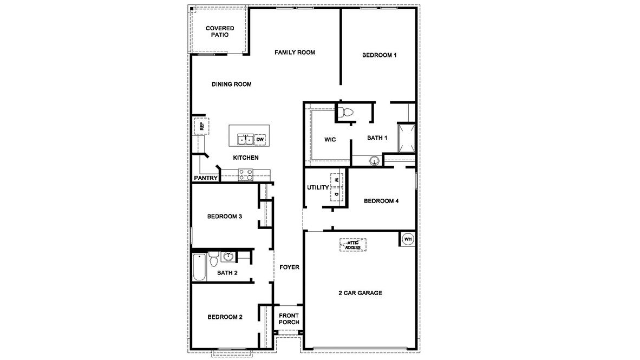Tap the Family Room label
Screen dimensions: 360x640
point(295,53)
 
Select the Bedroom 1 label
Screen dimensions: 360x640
point(380,55)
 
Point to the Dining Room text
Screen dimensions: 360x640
point(231,84)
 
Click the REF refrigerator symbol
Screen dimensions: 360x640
point(201,126)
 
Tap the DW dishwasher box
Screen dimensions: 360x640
point(260,140)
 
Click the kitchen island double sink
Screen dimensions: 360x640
point(245,140)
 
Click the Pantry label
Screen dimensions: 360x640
point(206,178)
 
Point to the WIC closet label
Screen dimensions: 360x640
point(330,140)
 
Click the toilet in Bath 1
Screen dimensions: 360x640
point(345,113)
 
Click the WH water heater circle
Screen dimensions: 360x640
point(408,239)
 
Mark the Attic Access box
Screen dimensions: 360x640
point(353,245)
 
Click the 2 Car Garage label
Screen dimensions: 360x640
point(361,293)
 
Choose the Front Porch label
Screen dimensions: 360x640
point(289,319)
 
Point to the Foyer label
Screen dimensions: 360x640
point(289,267)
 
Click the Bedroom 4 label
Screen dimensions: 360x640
point(381,201)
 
